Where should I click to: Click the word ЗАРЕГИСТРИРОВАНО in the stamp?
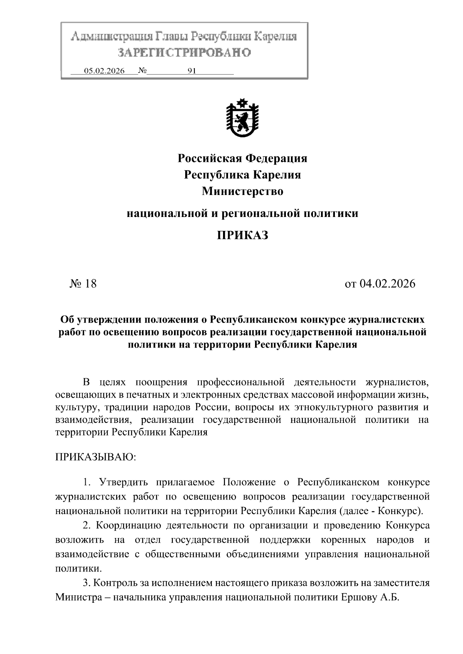184,52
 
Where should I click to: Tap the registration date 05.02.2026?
104,71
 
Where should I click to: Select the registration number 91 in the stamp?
192,71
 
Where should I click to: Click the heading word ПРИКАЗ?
242,235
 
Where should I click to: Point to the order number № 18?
83,284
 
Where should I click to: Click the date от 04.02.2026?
380,284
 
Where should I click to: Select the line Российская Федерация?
242,158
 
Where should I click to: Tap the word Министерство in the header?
242,191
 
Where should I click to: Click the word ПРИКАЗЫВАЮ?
95,457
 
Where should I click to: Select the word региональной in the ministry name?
265,213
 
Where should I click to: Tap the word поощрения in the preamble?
161,382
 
